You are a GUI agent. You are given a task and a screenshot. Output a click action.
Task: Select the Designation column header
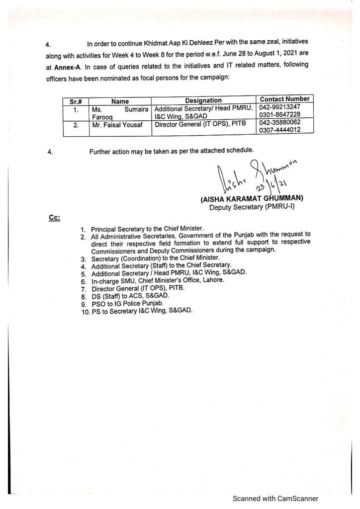tap(203, 100)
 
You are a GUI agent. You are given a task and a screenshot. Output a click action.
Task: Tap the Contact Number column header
tap(285, 99)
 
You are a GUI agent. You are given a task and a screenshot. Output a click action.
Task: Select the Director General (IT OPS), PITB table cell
tap(197, 125)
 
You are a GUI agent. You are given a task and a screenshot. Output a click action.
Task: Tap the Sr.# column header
tap(75, 101)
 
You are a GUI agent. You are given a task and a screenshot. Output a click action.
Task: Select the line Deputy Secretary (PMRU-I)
tap(252, 207)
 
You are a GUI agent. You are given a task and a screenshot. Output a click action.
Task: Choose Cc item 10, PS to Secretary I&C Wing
tap(141, 311)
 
